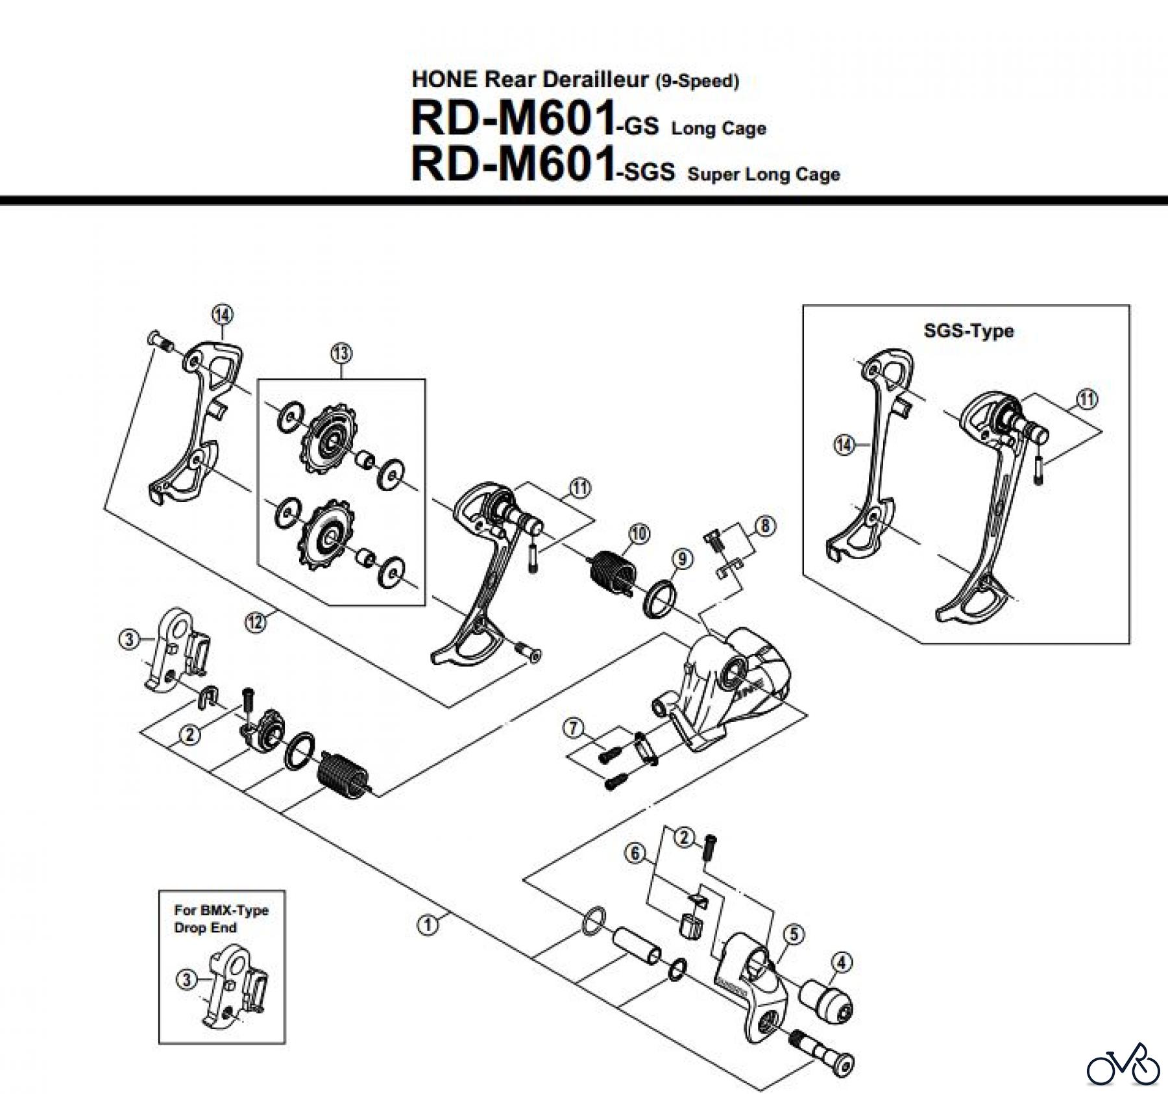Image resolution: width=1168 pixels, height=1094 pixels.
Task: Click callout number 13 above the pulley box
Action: [341, 354]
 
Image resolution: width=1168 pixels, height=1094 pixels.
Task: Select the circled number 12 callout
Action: [256, 623]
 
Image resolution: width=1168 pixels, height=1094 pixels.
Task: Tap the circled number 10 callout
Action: [639, 534]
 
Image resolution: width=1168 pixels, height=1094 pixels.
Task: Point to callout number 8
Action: [766, 525]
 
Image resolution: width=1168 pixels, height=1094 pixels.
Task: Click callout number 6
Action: [636, 853]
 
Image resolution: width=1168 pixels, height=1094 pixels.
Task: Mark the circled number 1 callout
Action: [427, 925]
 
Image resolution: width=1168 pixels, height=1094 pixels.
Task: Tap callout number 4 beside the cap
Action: [842, 963]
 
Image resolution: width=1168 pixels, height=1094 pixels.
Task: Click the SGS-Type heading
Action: [968, 331]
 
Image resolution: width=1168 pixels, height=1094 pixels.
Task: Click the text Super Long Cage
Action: [764, 175]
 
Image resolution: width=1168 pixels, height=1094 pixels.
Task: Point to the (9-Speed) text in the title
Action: [697, 82]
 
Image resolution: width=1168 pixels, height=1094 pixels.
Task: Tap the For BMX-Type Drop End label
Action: [221, 919]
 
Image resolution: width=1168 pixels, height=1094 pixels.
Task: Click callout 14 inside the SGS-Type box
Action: [844, 445]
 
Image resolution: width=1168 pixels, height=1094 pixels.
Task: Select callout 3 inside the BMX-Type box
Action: [186, 979]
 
